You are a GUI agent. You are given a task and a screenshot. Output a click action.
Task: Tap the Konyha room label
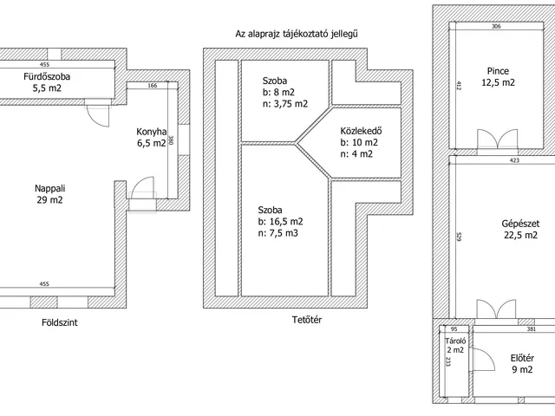pyautogui.click(x=151, y=132)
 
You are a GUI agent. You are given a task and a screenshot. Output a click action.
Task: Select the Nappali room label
pyautogui.click(x=49, y=188)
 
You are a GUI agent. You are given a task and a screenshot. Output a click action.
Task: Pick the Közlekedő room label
pyautogui.click(x=356, y=131)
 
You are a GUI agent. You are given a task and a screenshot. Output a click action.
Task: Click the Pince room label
pyautogui.click(x=498, y=71)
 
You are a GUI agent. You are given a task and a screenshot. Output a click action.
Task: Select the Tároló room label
pyautogui.click(x=456, y=341)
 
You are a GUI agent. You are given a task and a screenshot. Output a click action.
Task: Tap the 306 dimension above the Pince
pyautogui.click(x=495, y=27)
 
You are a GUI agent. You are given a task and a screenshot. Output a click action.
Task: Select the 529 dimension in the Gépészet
pyautogui.click(x=459, y=237)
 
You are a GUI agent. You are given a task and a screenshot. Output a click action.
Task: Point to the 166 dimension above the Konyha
pyautogui.click(x=152, y=86)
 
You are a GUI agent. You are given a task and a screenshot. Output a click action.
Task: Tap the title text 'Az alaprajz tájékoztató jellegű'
pyautogui.click(x=297, y=34)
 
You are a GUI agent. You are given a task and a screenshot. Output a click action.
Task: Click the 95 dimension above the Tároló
pyautogui.click(x=452, y=328)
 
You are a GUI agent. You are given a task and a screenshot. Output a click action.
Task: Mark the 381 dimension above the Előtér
pyautogui.click(x=531, y=328)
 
